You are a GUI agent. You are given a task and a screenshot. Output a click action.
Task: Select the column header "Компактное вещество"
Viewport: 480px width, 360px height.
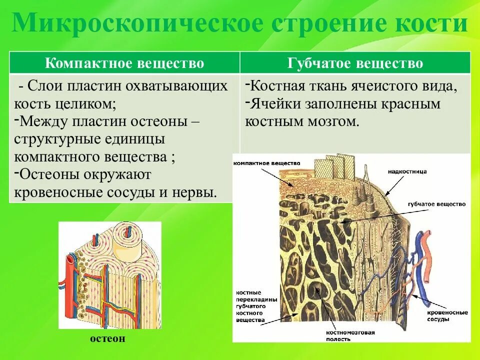coord(125,63)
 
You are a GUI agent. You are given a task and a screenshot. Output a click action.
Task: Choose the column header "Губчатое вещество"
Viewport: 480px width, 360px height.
coord(355,63)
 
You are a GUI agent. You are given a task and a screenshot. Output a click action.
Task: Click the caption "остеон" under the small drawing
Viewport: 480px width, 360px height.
coord(108,338)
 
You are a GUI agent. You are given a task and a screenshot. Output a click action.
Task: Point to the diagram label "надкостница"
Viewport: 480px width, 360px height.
coord(407,171)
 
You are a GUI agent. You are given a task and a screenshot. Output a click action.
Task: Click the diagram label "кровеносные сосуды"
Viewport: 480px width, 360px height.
coord(447,315)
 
